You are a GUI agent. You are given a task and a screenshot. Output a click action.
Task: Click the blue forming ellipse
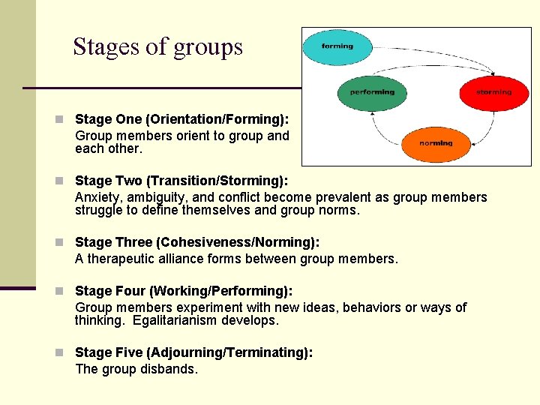(x=337, y=46)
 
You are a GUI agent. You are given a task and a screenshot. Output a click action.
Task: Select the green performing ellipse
(x=372, y=92)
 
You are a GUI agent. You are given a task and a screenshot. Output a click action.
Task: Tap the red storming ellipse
(x=493, y=92)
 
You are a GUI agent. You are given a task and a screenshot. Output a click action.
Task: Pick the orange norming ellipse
(x=436, y=143)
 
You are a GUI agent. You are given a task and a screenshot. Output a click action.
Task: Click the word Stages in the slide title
(x=105, y=47)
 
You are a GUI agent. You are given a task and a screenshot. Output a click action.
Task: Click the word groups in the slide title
(x=208, y=47)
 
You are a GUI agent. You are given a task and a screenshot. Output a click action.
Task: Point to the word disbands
(x=169, y=369)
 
